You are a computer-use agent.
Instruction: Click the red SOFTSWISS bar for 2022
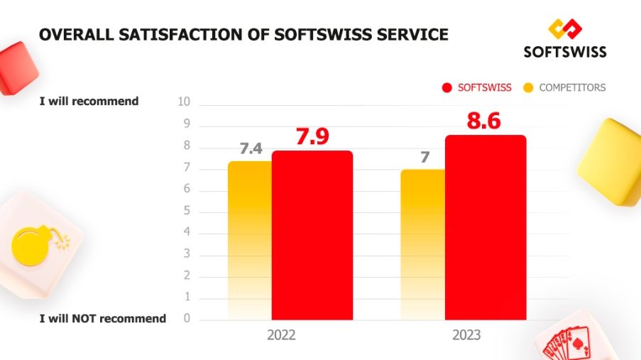point(312,234)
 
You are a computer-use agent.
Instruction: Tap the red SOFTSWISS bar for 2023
point(486,227)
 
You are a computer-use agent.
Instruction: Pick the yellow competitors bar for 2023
point(423,244)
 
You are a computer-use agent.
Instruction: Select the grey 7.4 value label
point(251,149)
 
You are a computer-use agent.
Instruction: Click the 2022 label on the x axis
point(281,335)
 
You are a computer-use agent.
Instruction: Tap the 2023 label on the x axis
point(466,335)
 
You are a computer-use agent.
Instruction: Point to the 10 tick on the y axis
point(184,102)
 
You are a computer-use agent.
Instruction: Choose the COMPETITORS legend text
point(572,87)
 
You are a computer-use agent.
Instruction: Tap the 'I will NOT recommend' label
point(102,319)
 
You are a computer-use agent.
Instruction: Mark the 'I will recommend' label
point(89,102)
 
